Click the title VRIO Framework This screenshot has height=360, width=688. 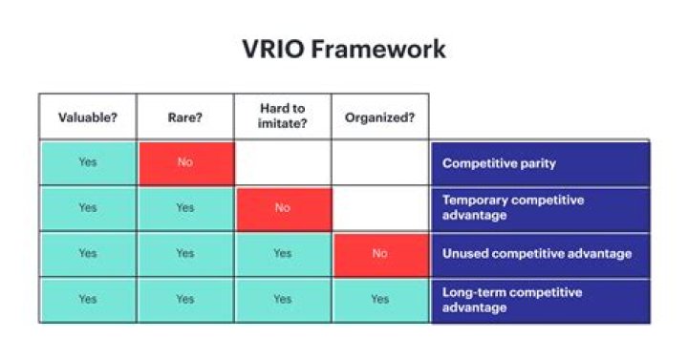(343, 49)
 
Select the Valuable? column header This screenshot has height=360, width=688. (87, 117)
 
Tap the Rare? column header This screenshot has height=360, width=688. (184, 117)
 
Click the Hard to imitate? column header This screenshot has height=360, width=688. (282, 117)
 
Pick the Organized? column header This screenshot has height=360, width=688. (379, 117)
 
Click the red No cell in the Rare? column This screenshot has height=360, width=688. (184, 162)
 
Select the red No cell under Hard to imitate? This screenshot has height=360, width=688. (282, 208)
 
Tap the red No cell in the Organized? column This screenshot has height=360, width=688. (379, 254)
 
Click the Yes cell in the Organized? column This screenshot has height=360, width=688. (379, 300)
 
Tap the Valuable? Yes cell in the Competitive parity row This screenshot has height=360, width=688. (87, 162)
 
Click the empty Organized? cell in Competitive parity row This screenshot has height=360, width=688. (379, 162)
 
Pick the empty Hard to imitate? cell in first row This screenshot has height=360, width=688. (282, 162)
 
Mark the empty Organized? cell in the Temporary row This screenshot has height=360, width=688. (379, 208)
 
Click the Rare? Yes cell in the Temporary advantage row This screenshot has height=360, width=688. (184, 208)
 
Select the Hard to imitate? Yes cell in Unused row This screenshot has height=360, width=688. (282, 254)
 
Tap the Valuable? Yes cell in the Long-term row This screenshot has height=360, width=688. (87, 300)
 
